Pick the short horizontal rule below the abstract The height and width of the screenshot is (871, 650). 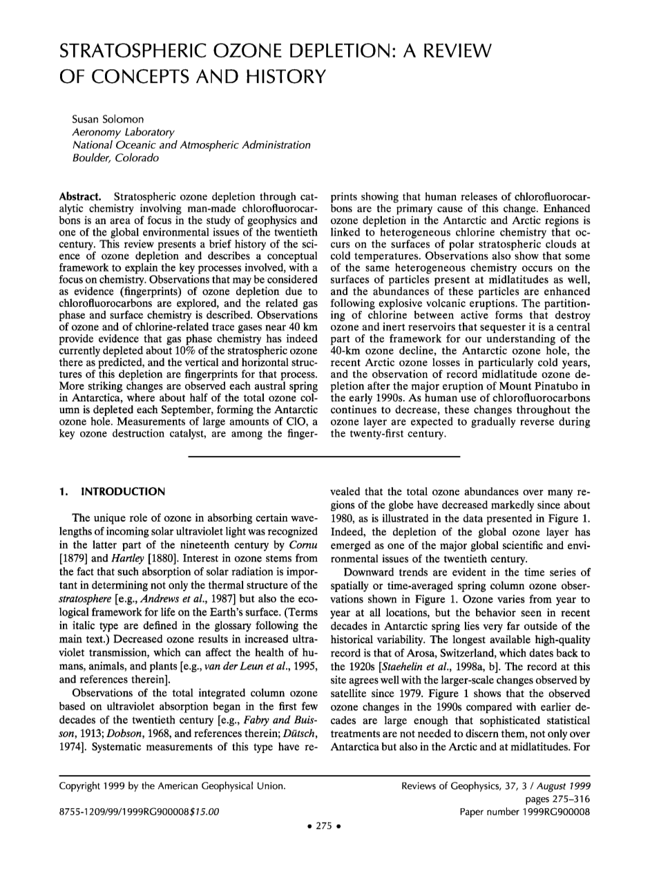point(324,457)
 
